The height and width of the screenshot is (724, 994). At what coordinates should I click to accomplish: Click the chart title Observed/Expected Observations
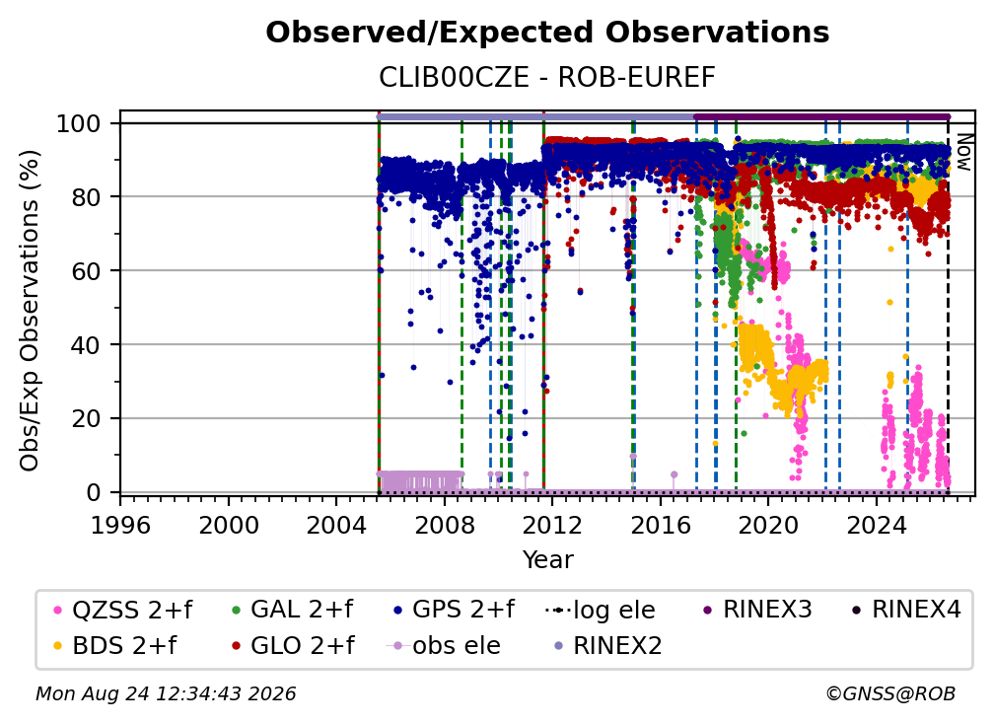coord(547,33)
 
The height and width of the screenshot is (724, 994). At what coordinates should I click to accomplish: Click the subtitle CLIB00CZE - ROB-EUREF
coord(547,77)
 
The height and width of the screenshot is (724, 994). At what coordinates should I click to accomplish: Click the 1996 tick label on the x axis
coord(120,526)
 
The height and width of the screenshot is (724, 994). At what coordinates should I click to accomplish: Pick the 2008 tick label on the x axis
coord(445,526)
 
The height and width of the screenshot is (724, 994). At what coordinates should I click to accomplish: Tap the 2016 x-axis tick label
coord(661,526)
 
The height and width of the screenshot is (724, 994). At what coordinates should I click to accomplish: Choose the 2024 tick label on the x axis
coord(876,526)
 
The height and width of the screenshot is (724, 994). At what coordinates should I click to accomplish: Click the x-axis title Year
coord(547,559)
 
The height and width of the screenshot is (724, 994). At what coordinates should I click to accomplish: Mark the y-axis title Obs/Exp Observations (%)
coord(30,311)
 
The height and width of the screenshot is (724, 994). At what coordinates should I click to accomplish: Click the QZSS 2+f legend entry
coord(122,610)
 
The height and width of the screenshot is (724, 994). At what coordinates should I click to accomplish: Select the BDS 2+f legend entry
coord(114,645)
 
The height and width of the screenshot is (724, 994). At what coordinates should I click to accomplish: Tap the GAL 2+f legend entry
coord(292,610)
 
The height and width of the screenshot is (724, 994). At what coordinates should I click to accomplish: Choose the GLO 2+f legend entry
coord(293,645)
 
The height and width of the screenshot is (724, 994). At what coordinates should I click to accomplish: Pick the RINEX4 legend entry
coord(906,610)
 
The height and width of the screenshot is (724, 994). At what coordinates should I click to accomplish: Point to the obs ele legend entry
coord(443,645)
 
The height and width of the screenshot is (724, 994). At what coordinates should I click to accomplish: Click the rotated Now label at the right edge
coord(963,152)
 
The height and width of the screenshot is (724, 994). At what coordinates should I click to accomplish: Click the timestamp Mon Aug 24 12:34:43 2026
coord(166,693)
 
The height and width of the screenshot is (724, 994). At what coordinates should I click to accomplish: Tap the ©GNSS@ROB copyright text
coord(890,693)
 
